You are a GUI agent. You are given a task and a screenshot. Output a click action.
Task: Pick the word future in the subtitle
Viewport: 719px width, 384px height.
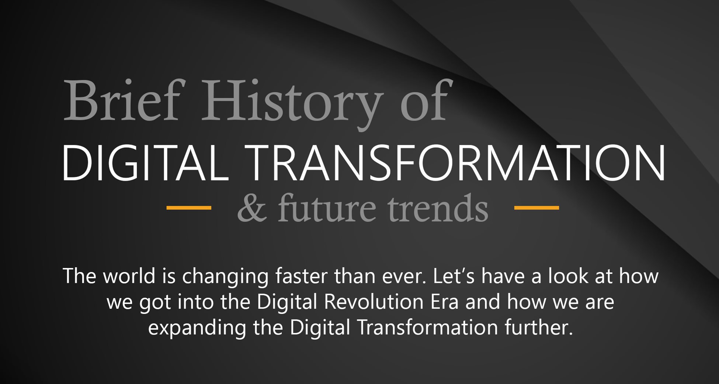pos(326,208)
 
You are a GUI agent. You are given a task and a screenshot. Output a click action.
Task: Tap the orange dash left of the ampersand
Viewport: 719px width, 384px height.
pos(189,208)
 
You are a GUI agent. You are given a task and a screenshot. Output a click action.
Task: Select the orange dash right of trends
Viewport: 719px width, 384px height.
pos(536,208)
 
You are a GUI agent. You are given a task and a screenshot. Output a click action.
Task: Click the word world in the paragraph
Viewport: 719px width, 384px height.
pos(129,276)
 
